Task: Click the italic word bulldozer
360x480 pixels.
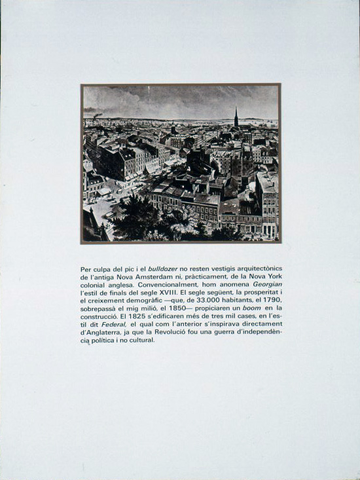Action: (x=164, y=269)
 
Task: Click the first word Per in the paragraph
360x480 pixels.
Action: (x=86, y=269)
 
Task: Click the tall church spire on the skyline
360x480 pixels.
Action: (x=236, y=118)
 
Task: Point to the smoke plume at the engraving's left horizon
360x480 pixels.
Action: (x=98, y=116)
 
